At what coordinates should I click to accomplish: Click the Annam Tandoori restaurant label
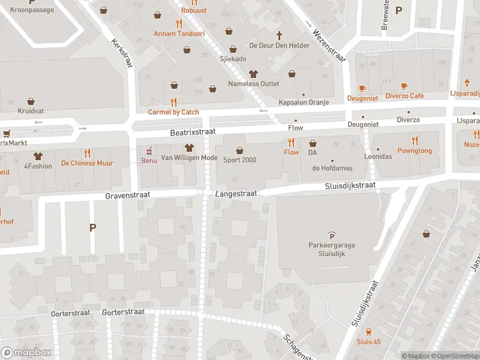coord(179,34)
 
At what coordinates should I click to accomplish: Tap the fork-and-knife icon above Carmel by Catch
coord(173,102)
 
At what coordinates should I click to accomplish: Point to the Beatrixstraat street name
coord(192,131)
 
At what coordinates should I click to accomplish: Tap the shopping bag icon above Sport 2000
coord(239,150)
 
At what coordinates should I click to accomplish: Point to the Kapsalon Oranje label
coord(304,102)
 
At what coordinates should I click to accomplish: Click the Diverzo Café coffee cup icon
coord(404,86)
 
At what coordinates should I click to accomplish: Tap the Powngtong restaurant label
coord(414,151)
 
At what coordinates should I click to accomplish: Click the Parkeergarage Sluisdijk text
coord(331,248)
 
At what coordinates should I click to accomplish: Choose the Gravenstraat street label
coord(127,196)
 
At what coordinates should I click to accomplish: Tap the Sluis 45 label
coord(368,341)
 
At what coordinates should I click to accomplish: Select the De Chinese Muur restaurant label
coord(87,163)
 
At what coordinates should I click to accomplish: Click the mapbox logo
coord(26,352)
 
